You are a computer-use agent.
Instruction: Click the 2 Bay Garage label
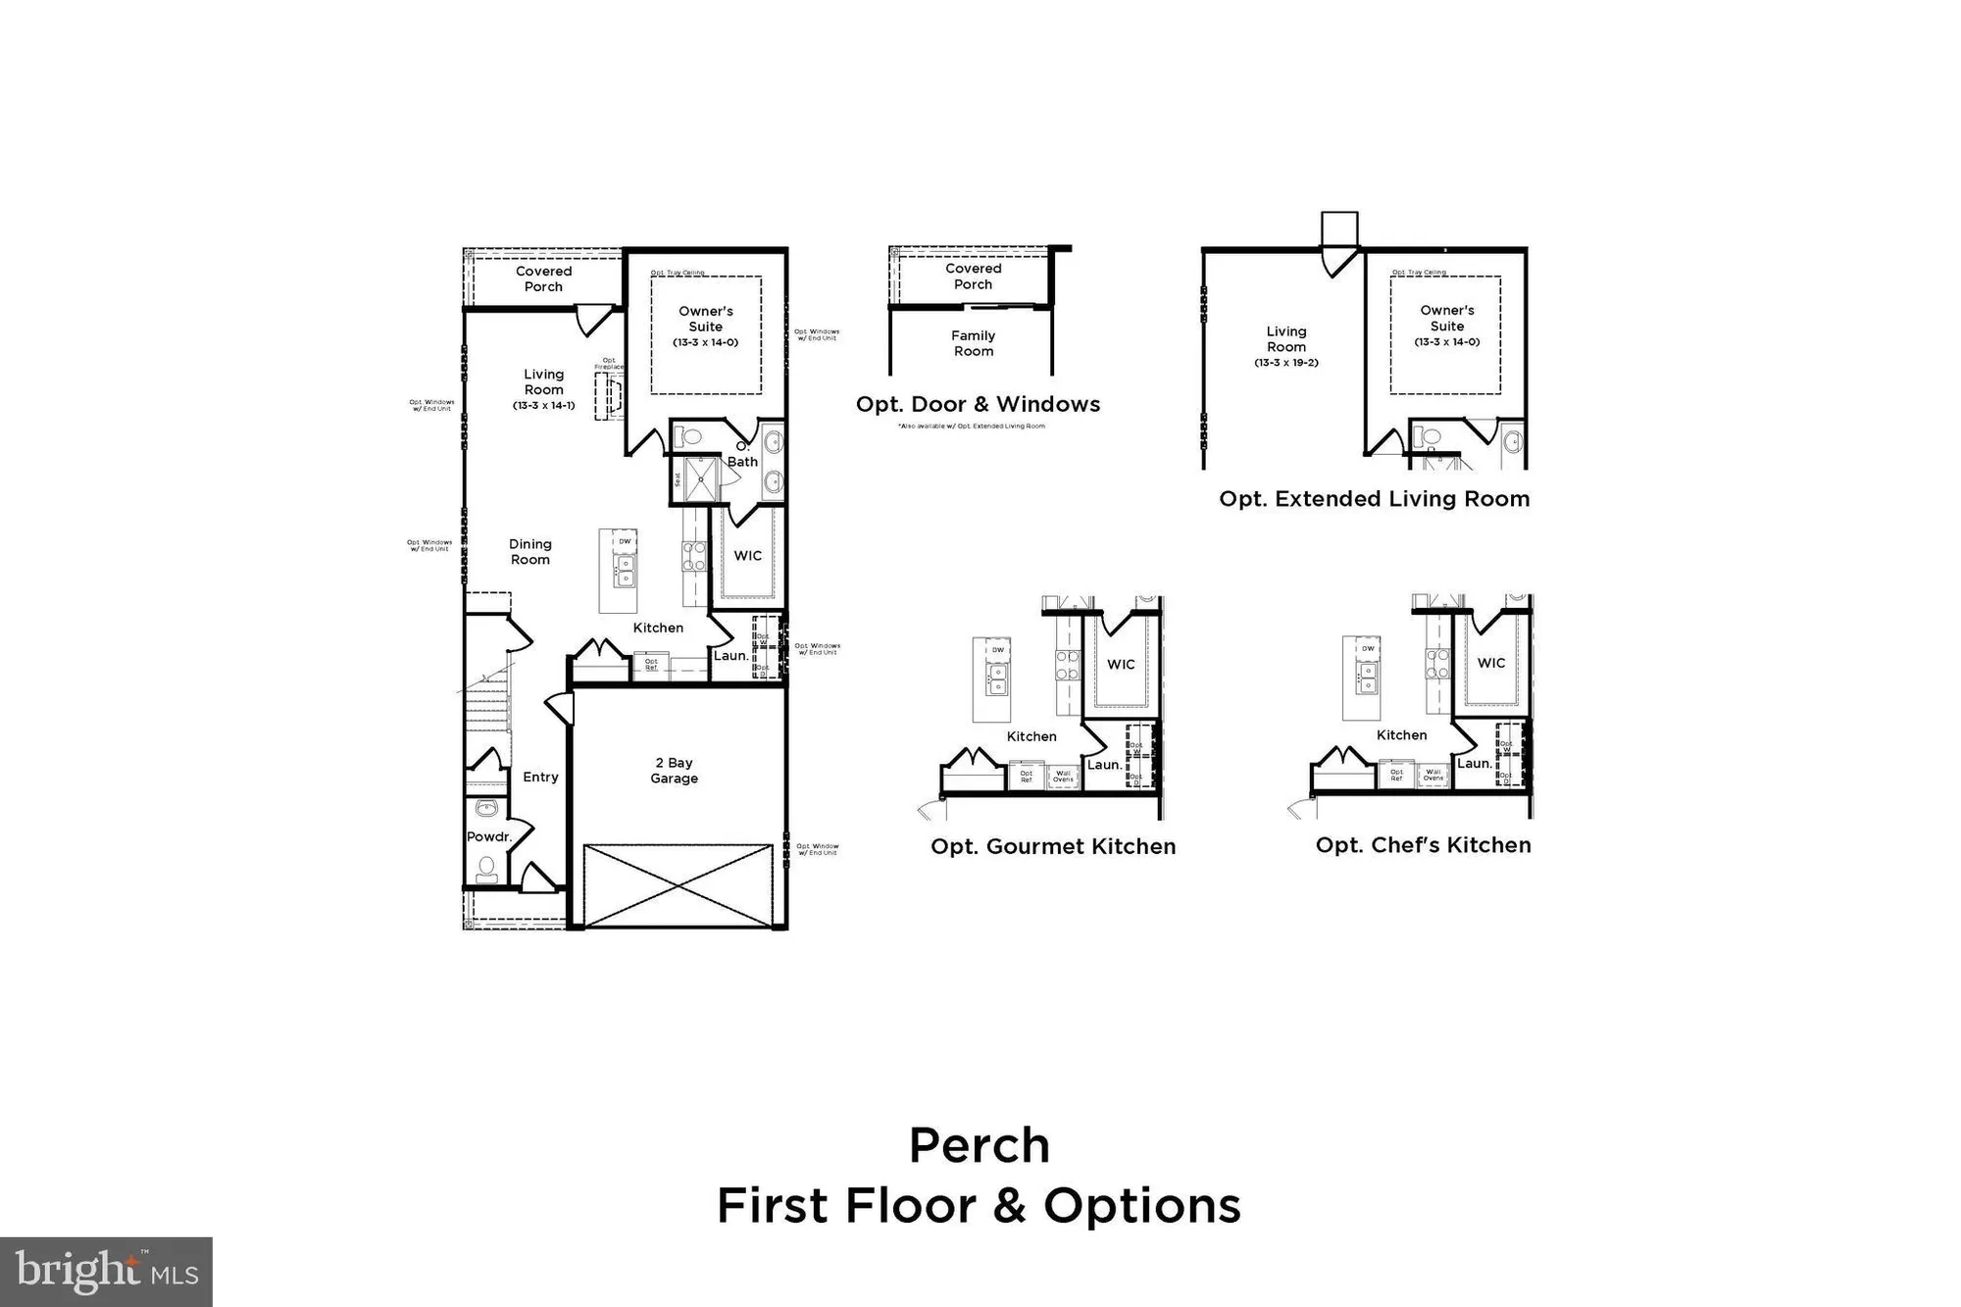pos(674,771)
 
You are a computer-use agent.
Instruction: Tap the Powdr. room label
pos(488,836)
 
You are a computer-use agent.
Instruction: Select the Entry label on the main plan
pos(540,777)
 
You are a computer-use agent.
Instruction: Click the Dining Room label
pos(530,552)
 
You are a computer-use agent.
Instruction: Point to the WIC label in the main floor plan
pos(747,556)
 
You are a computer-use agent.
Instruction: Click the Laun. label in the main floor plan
pos(729,655)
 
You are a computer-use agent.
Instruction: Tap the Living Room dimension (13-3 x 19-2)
pos(1286,363)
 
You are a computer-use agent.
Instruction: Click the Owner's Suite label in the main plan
pos(705,319)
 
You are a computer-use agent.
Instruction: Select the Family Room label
pos(973,343)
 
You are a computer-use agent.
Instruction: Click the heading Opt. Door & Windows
pos(978,404)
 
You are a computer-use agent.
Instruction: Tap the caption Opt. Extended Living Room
pos(1374,499)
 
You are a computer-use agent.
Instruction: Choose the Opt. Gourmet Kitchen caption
pos(1053,846)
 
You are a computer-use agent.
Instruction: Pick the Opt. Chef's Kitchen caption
pos(1423,845)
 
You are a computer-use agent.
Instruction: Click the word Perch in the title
pos(979,1145)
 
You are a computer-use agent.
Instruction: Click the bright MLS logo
pos(106,1272)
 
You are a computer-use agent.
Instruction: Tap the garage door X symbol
pos(678,884)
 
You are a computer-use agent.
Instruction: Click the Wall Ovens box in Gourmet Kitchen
pos(1063,777)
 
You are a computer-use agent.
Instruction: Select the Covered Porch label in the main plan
pos(543,279)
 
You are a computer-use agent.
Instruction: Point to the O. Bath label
pos(742,455)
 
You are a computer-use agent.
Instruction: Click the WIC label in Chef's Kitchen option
pos(1490,663)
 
